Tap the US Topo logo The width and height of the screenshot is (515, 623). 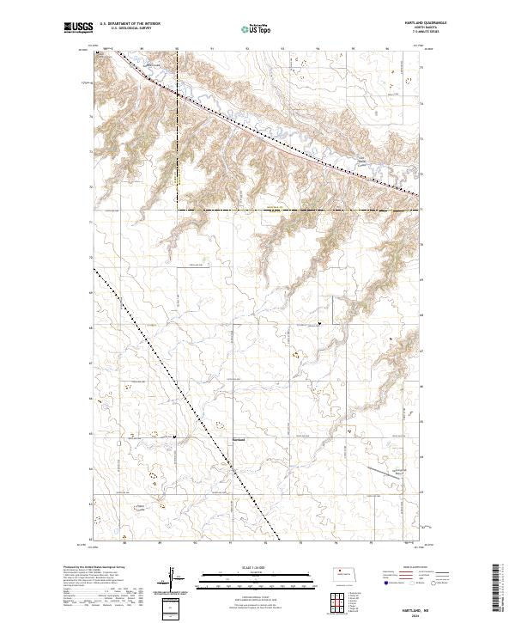(x=256, y=28)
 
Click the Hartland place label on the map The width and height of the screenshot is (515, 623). (x=239, y=440)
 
